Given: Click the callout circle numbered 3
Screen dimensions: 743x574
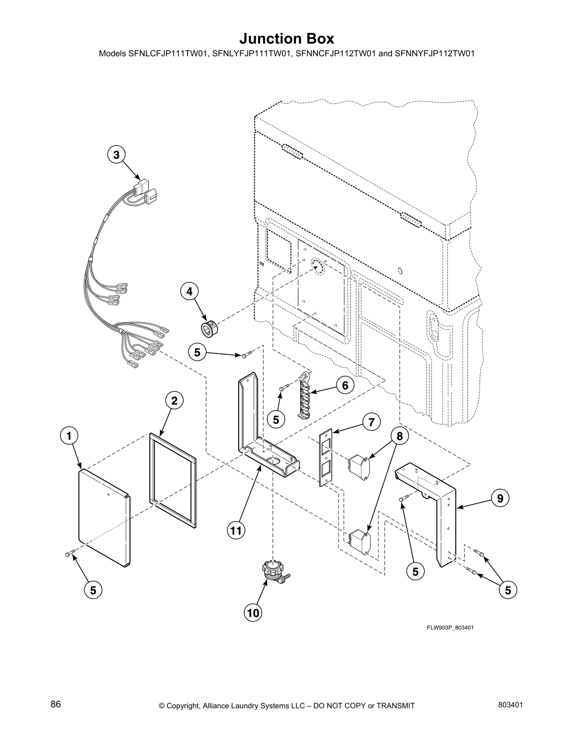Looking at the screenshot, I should pyautogui.click(x=116, y=154).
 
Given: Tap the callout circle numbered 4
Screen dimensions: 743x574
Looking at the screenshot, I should pyautogui.click(x=189, y=291).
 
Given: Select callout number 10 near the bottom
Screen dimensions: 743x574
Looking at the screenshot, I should pyautogui.click(x=253, y=613).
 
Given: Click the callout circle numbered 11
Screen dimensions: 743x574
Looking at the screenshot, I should pyautogui.click(x=236, y=531).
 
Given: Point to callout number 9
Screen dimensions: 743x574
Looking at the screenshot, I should pyautogui.click(x=500, y=498).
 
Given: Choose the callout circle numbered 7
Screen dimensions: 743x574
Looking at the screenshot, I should pyautogui.click(x=371, y=422).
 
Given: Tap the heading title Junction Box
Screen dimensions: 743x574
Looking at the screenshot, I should pyautogui.click(x=287, y=38).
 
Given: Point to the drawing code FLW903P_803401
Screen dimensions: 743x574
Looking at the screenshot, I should pyautogui.click(x=450, y=628).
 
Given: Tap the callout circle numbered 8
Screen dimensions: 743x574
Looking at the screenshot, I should pyautogui.click(x=399, y=436).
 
